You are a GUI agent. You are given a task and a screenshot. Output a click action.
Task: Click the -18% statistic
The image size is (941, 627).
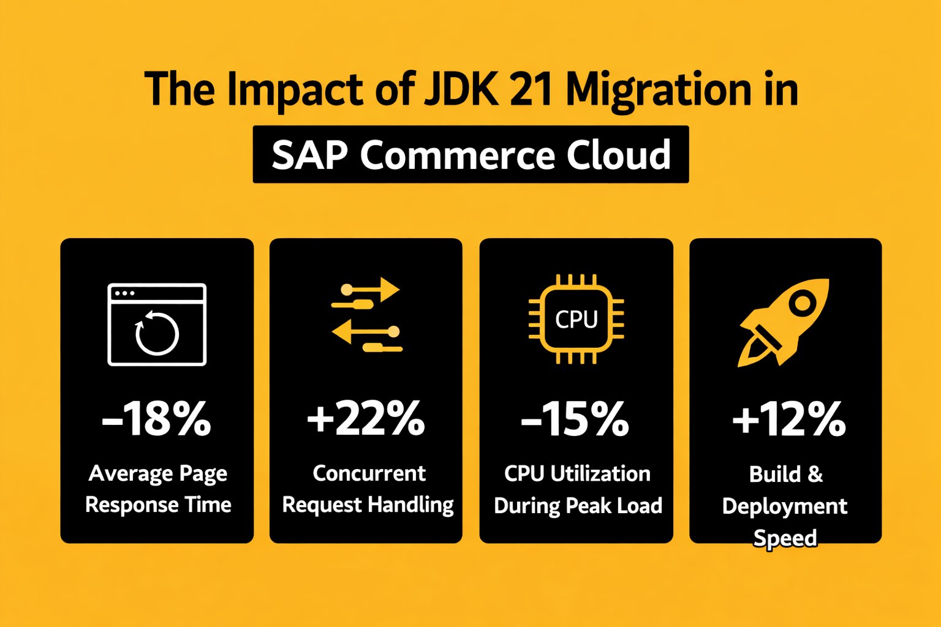(x=157, y=419)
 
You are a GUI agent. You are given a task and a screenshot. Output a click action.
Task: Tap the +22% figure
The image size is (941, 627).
(x=366, y=419)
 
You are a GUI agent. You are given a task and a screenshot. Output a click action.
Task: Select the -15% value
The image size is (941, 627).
(x=575, y=419)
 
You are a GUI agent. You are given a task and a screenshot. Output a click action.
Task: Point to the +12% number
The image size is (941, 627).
(x=788, y=419)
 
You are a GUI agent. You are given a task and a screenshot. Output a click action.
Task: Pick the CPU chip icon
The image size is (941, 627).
(x=576, y=319)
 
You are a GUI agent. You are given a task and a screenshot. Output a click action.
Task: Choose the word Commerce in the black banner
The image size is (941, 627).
(x=458, y=155)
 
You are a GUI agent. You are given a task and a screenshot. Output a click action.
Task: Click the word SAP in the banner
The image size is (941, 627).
(x=310, y=155)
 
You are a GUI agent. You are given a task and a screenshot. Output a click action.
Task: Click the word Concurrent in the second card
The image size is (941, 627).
(x=369, y=473)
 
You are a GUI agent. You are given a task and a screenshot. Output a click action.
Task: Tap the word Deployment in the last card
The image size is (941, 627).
(x=785, y=506)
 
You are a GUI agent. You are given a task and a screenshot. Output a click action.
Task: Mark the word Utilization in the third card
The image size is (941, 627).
(x=600, y=473)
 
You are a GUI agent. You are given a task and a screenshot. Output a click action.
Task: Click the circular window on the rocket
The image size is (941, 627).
(x=802, y=302)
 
